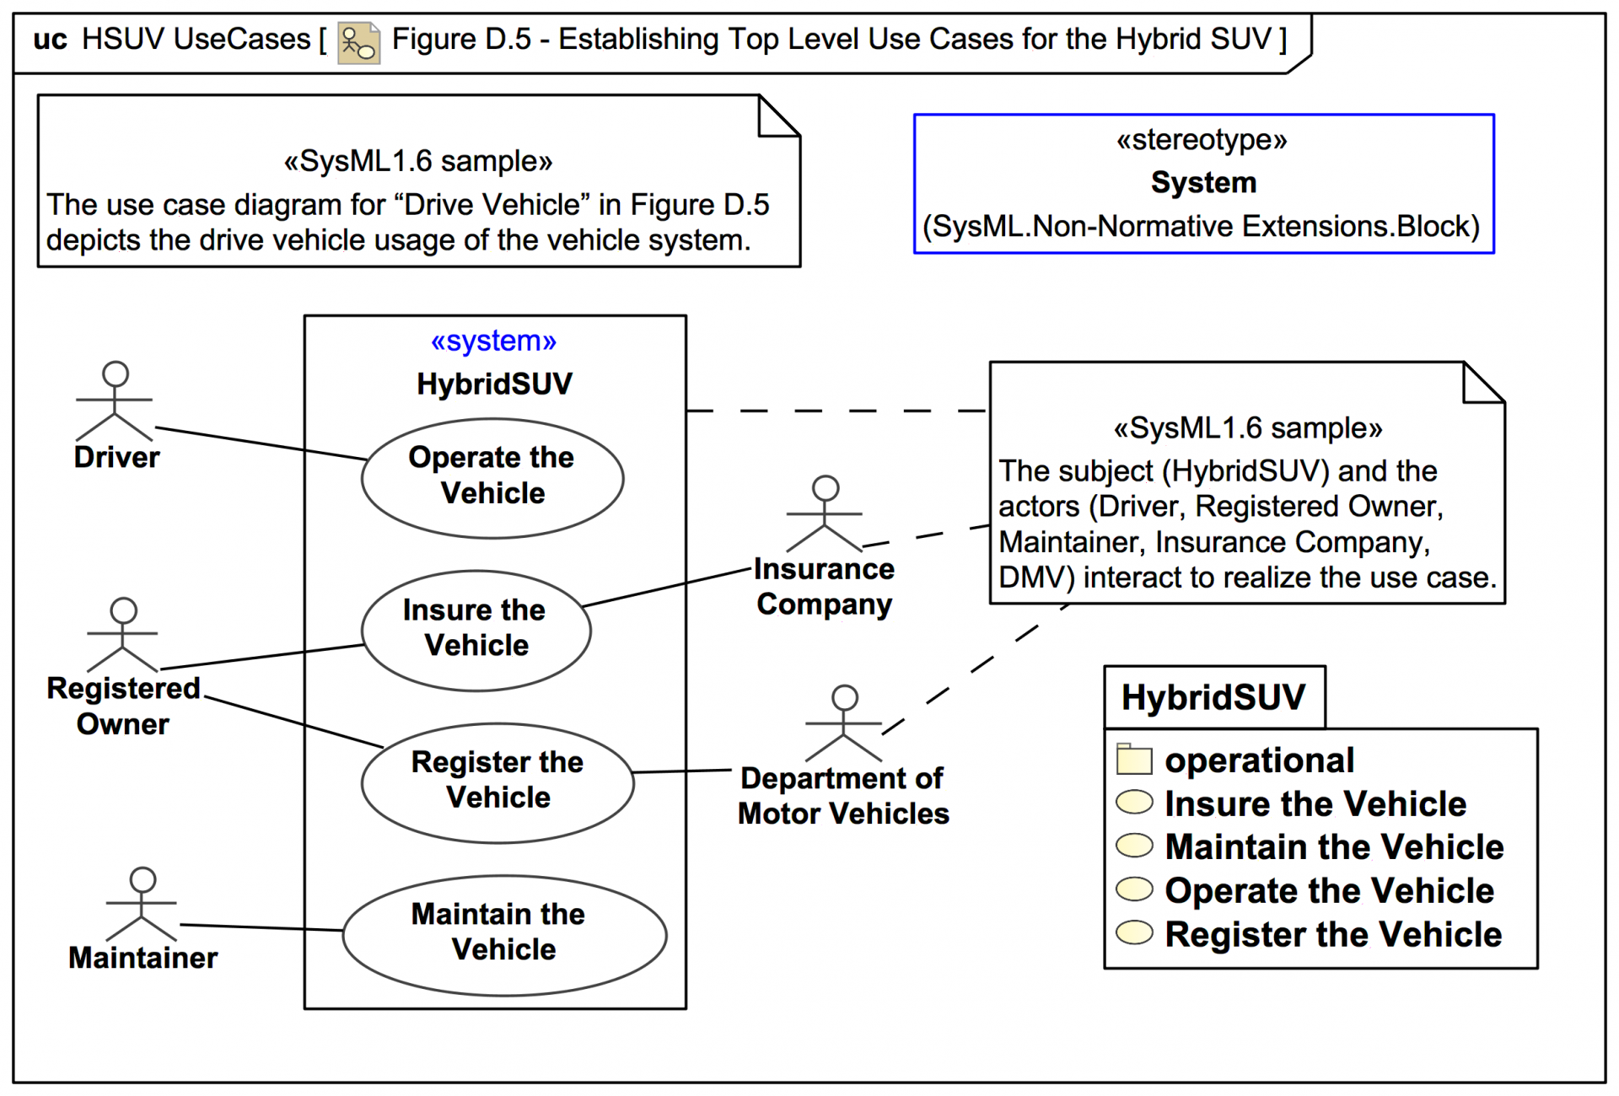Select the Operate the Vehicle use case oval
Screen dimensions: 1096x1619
(492, 477)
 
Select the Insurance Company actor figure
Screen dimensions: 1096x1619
(825, 514)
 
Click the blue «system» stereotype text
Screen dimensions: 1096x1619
(493, 341)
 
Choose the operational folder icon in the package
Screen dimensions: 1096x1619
(1133, 759)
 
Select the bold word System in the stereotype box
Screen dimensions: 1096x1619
(1203, 182)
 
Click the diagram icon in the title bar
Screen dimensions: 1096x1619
(358, 41)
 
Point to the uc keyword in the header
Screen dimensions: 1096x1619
(50, 39)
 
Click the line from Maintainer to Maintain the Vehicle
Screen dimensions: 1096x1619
(261, 927)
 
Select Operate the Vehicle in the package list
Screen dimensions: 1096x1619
(1329, 890)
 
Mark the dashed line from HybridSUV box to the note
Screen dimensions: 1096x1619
(835, 411)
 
